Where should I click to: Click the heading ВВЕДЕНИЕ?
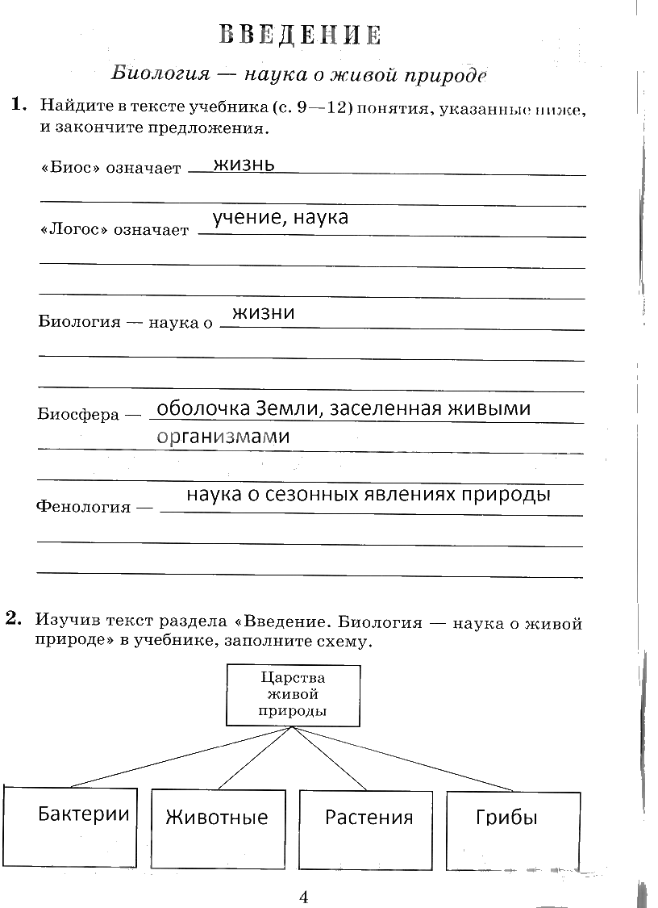click(300, 35)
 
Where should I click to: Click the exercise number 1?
click(18, 105)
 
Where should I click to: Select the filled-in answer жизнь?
click(244, 164)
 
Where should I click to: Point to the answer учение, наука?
click(280, 217)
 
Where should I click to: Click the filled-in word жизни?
click(263, 312)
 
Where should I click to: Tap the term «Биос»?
click(67, 170)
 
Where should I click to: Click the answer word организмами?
click(223, 437)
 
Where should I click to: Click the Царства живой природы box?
click(294, 694)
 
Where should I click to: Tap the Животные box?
click(217, 827)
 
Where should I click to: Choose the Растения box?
click(369, 827)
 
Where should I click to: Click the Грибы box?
click(513, 827)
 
